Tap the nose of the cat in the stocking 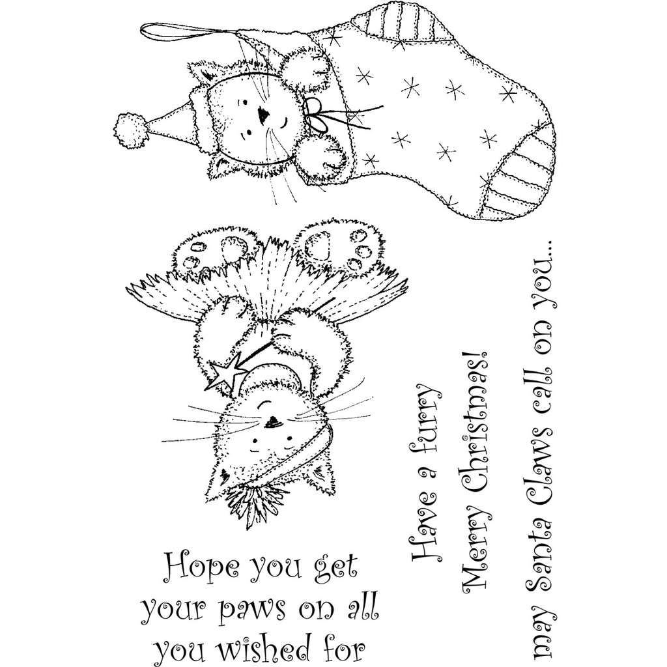pos(264,115)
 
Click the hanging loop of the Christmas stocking pos(189,33)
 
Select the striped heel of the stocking pos(394,20)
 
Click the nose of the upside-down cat pos(272,420)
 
